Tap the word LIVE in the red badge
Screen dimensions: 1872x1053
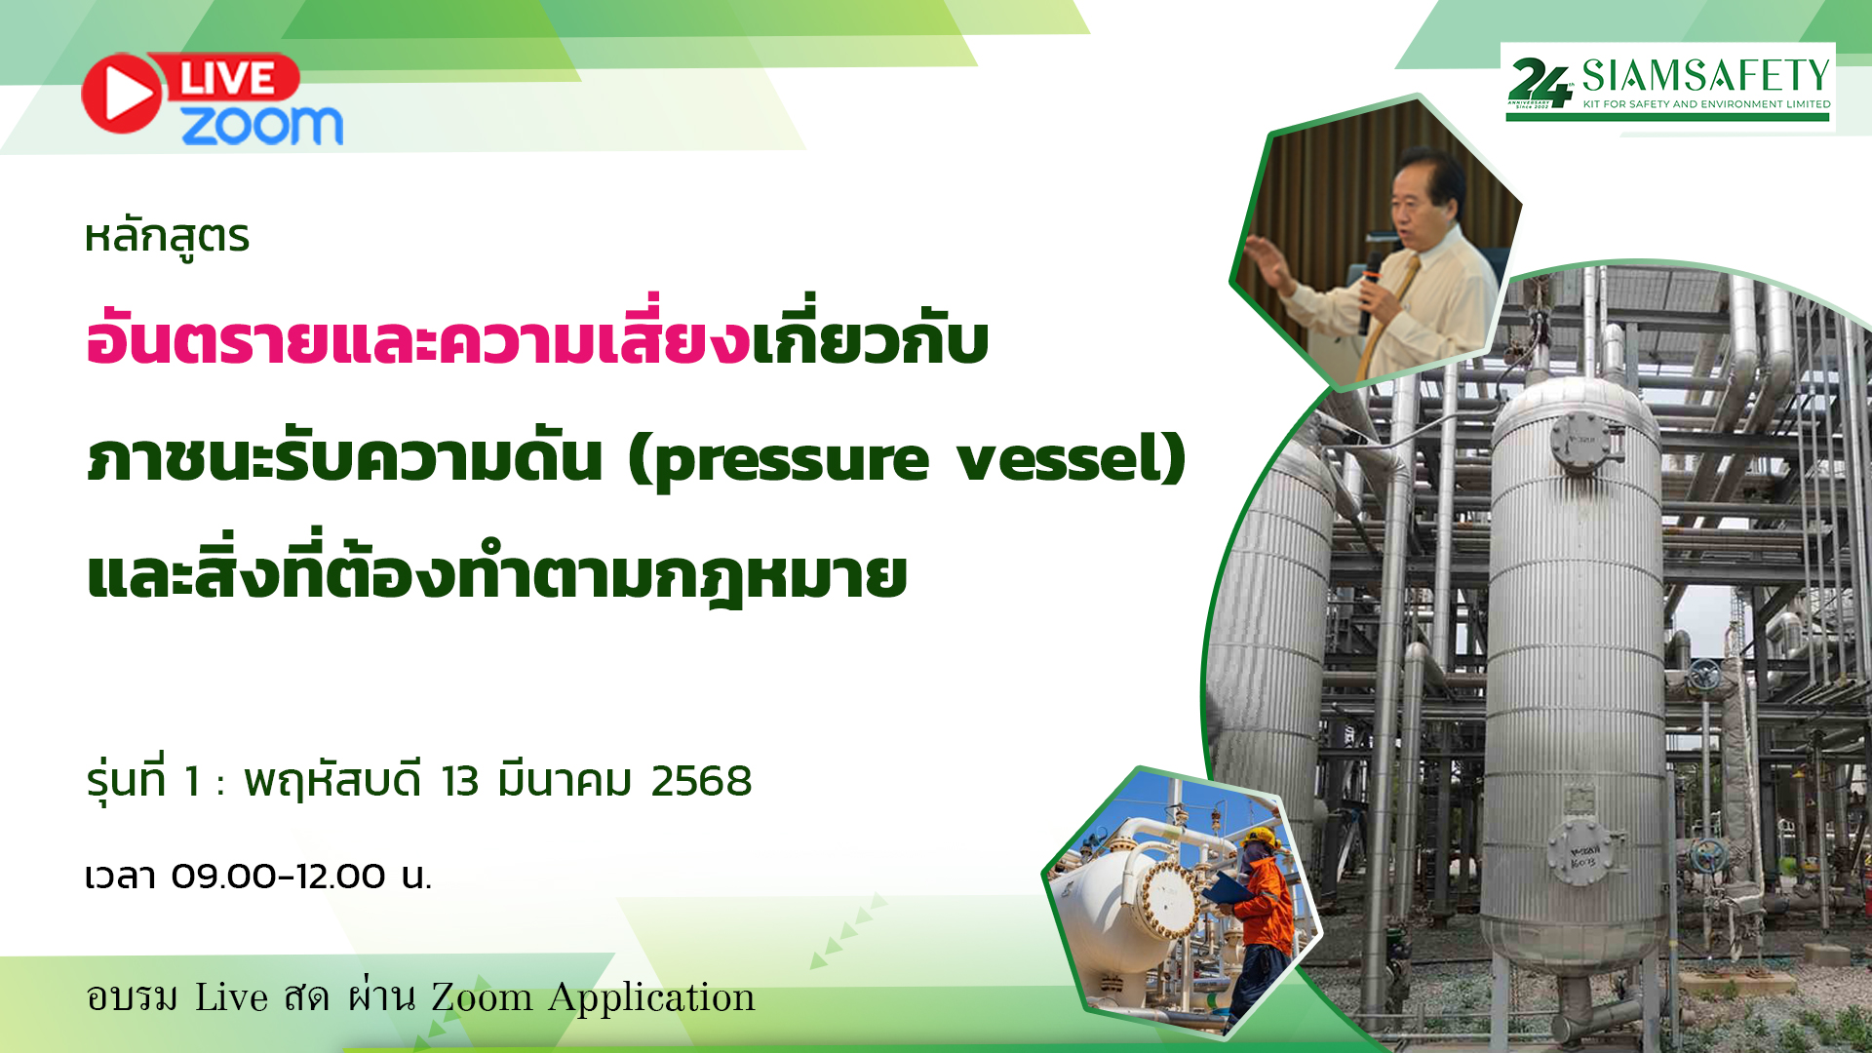228,79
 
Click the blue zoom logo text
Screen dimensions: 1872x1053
262,126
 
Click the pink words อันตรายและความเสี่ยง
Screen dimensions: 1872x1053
417,337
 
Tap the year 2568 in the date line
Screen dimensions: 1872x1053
701,781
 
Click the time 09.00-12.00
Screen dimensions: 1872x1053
278,876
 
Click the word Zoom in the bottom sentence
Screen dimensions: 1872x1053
482,997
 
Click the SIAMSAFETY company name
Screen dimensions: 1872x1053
1705,75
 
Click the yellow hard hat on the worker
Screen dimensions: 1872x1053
1260,838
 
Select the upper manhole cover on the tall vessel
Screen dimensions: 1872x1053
1580,440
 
